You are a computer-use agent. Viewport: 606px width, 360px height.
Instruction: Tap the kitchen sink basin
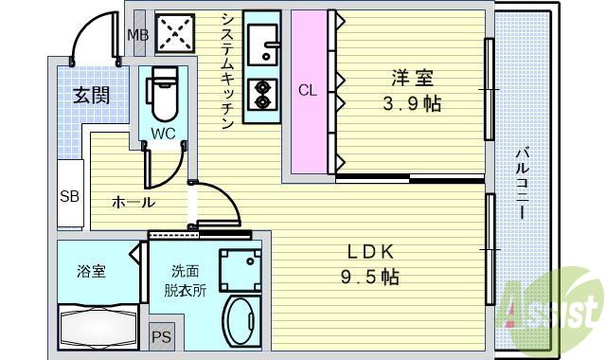263,45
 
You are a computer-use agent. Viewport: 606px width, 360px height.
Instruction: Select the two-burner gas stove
263,95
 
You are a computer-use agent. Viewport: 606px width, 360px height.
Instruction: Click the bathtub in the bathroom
98,327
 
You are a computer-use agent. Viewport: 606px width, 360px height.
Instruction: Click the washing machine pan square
240,270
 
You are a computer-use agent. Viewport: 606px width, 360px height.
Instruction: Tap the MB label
138,35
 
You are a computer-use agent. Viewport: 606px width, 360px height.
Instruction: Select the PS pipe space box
162,337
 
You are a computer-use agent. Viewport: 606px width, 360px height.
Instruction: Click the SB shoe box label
69,196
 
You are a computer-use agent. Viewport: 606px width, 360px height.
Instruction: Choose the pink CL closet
310,92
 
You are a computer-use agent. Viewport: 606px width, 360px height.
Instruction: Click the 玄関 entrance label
92,95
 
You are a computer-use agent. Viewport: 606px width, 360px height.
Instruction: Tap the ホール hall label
134,202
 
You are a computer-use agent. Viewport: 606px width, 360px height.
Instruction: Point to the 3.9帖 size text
412,103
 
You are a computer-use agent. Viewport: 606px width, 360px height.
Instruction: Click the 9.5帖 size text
370,277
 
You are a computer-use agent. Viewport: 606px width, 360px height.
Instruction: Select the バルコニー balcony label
523,183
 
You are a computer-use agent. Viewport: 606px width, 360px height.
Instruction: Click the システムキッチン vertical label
227,70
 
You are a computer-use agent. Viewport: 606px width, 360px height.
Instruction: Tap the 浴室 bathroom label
91,271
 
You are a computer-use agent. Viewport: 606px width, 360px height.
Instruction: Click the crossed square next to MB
174,33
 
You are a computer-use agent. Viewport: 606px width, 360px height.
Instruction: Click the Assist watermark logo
551,310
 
